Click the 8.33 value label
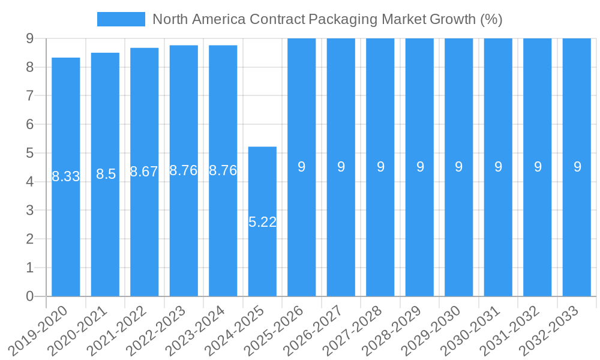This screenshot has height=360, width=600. (66, 176)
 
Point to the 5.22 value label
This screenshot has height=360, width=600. (262, 222)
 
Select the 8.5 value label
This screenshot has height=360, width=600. (106, 174)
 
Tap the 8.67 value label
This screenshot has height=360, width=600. (145, 172)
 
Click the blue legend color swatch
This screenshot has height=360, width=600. (121, 19)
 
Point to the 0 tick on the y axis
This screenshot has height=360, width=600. (29, 296)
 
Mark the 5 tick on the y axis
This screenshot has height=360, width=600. (29, 153)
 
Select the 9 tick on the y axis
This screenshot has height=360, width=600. (29, 38)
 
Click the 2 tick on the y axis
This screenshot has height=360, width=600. (29, 239)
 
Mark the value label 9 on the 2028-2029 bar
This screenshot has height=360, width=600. (420, 167)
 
